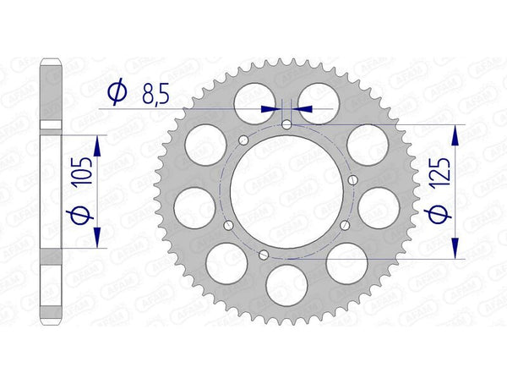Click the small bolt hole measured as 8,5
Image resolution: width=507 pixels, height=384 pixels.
point(287,125)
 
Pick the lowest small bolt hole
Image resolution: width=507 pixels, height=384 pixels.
point(264,255)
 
